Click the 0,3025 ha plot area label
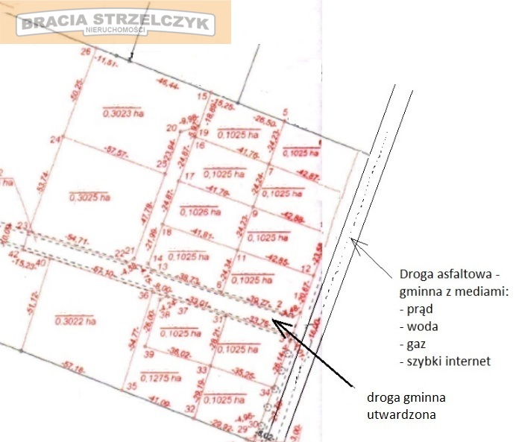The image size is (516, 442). pos(89,198)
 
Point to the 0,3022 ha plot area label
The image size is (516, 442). pos(75,321)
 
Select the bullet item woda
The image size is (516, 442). pos(419,326)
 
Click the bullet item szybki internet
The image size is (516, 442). pos(449,362)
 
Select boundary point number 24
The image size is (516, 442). pos(54,139)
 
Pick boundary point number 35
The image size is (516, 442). pos(130,386)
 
